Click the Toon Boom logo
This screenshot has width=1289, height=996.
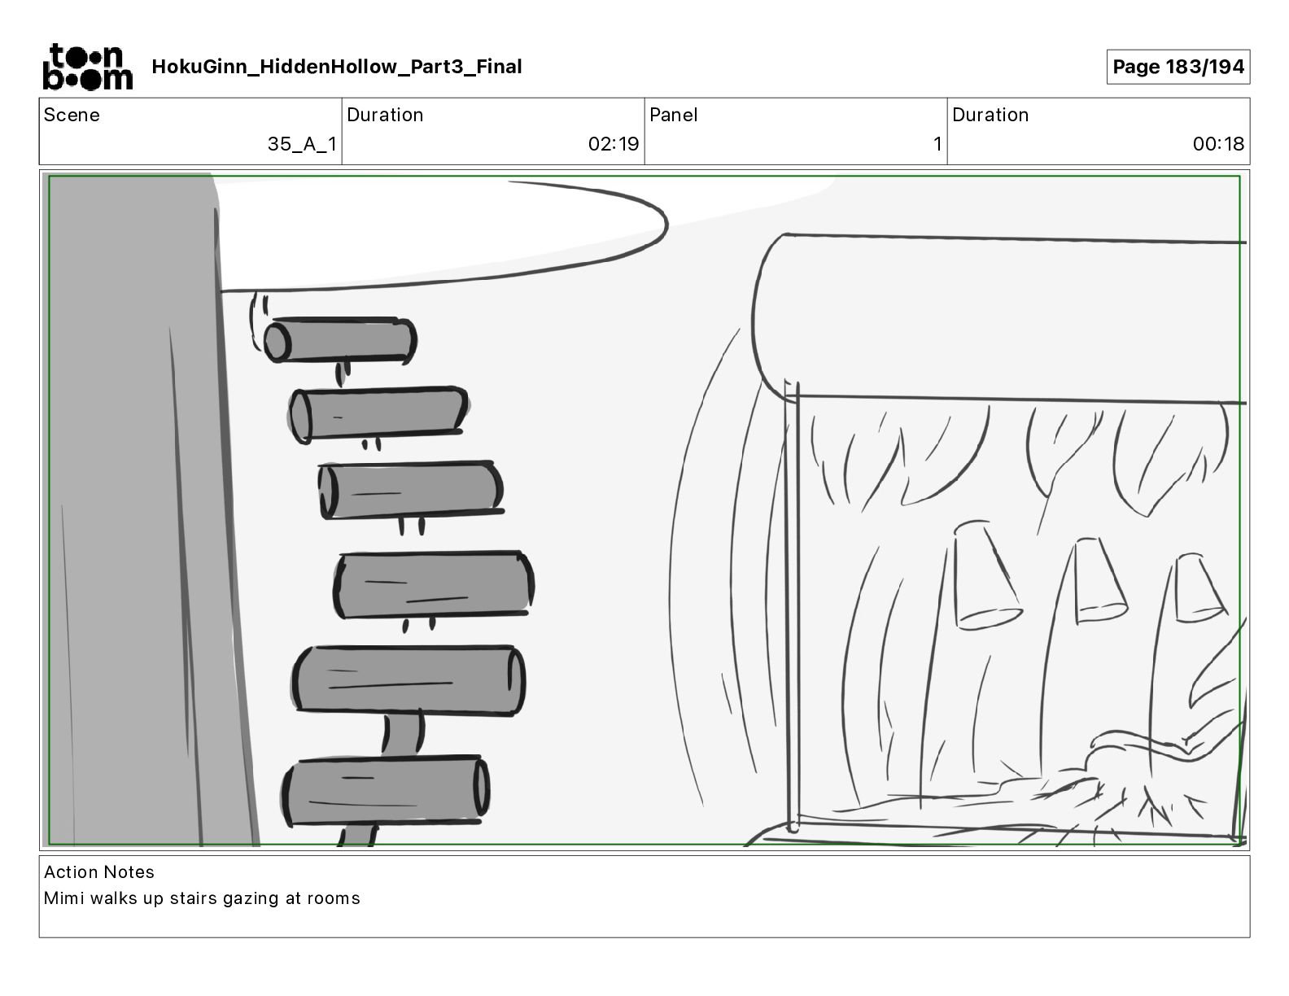pos(88,67)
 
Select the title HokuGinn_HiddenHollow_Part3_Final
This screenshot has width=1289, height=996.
pos(336,67)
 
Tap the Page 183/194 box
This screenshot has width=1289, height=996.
pos(1178,67)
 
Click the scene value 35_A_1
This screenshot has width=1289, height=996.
pos(302,143)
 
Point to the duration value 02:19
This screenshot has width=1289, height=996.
pos(614,143)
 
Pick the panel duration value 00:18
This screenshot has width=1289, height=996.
pos(1218,143)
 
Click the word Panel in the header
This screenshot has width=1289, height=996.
pos(673,115)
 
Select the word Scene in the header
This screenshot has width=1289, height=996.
pos(72,115)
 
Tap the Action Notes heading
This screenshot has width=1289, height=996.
pos(99,871)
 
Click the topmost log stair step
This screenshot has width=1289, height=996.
pos(340,340)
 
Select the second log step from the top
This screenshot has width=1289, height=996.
pos(378,414)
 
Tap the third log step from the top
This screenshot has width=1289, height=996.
pos(410,491)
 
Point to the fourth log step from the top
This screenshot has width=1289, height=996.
pos(434,585)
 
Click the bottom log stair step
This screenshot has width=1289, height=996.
pos(386,790)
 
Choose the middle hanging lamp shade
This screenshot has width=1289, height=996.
pos(1099,581)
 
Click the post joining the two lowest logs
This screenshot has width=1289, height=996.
pos(403,735)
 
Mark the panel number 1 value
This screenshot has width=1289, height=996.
pos(937,143)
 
